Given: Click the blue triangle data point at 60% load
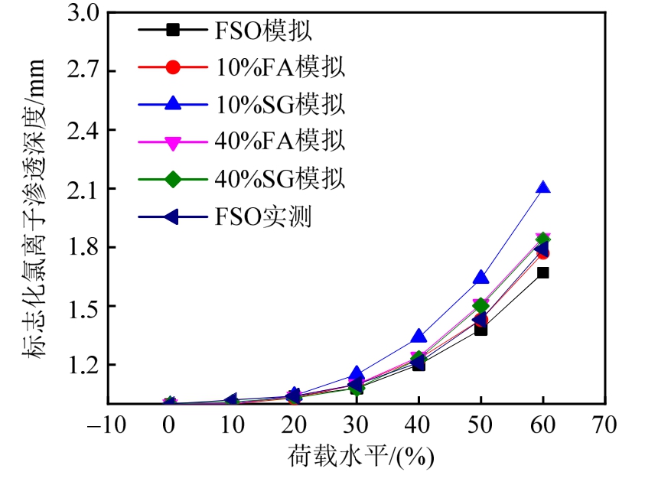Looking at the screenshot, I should [542, 187].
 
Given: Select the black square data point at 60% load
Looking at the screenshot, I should [542, 272].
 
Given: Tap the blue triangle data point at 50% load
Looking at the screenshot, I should [480, 277].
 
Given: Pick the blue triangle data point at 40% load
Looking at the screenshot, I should [418, 336].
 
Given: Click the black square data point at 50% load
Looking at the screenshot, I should [480, 329].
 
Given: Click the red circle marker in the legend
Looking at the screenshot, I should [173, 67].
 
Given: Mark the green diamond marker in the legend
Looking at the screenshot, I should [173, 180].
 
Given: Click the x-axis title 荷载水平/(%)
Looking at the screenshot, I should [360, 457].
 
